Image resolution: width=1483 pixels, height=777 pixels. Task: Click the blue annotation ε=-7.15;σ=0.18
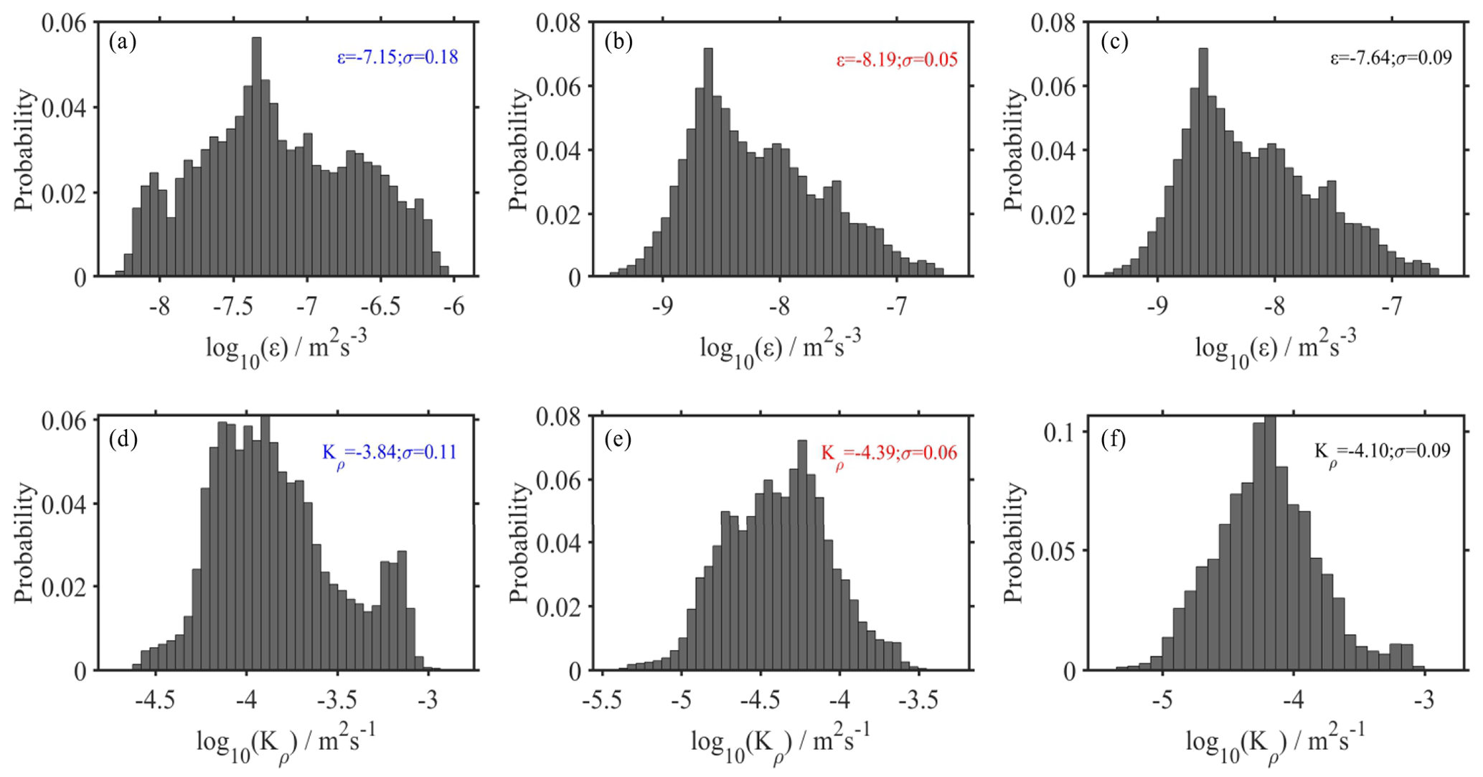[x=397, y=57]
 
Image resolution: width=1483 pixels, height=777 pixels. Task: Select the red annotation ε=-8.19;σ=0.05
[x=897, y=60]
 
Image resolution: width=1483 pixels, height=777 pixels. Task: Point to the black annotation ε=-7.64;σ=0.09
[x=1391, y=57]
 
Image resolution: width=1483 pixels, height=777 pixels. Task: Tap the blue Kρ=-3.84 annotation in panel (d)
[x=389, y=453]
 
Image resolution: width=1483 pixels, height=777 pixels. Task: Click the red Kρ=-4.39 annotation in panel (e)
[x=889, y=453]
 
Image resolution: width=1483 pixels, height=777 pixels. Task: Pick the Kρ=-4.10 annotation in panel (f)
[x=1382, y=451]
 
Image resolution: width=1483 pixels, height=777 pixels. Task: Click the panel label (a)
[x=122, y=42]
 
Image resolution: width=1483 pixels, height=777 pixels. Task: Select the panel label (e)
[x=618, y=438]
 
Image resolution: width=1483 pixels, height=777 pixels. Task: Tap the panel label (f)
[x=1113, y=438]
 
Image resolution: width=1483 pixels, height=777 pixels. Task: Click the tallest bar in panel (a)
[x=256, y=158]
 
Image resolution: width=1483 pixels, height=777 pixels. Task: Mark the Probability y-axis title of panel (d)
[x=24, y=543]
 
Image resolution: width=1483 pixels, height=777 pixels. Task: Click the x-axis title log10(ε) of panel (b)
[x=781, y=348]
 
